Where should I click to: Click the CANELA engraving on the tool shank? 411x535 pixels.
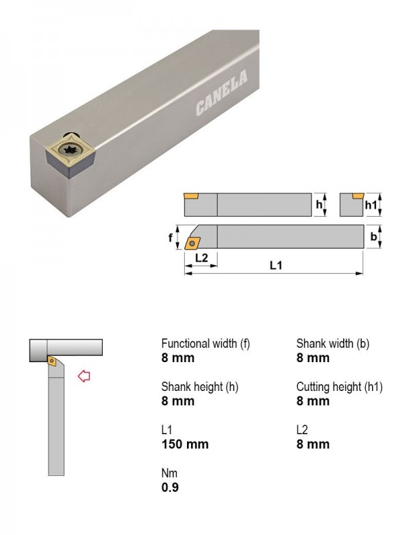tap(222, 92)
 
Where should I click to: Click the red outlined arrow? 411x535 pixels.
tap(84, 376)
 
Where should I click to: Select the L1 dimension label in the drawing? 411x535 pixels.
tap(275, 265)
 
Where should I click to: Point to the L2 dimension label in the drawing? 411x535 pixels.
tap(201, 257)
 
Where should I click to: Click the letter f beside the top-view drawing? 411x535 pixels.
tap(171, 237)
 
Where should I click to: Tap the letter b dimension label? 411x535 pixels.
tap(374, 236)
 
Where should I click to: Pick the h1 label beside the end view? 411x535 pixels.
tap(371, 204)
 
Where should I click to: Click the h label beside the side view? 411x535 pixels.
tap(319, 204)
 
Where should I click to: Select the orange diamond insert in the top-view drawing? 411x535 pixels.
tap(192, 243)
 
